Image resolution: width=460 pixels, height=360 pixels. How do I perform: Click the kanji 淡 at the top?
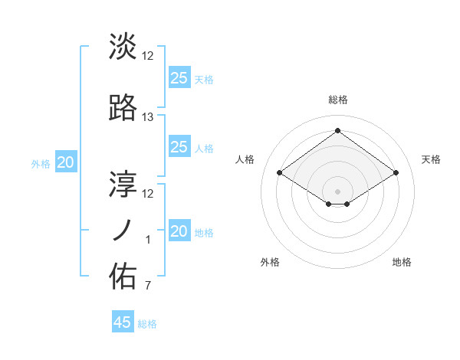coord(123,46)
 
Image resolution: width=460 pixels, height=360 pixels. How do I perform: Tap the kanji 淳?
coord(123,183)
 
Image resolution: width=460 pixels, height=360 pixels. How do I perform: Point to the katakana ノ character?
coord(123,230)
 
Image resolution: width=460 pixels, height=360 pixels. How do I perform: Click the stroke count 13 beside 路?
coord(148,117)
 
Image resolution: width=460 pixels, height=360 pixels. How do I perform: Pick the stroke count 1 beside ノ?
coord(148,240)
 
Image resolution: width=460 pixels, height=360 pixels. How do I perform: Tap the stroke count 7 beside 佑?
coord(148,286)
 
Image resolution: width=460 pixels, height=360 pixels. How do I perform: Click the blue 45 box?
coord(123,322)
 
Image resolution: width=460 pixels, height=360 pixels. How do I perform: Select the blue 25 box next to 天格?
coord(179,77)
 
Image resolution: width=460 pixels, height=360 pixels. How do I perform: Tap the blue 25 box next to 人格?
coord(179,147)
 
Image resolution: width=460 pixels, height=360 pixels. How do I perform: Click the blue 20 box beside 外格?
coord(66,162)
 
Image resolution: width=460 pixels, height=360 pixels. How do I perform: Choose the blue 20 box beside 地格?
coord(179,231)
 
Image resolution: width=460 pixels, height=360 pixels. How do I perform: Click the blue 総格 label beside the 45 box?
coord(147,324)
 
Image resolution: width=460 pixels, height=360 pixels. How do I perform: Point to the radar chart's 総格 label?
coord(337,100)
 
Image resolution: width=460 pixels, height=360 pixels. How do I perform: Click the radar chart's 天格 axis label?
coord(431,159)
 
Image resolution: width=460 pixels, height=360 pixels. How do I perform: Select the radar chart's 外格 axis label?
coord(270,262)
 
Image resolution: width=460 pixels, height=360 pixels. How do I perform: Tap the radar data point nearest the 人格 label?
coord(280,173)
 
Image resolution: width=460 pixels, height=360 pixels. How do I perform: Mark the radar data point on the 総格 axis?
coord(337,130)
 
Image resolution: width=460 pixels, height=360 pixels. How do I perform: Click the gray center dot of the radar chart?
coord(337,190)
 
